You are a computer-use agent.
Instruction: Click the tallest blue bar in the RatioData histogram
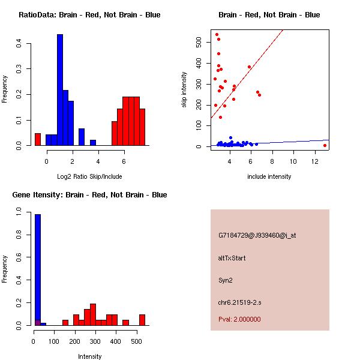click(x=60, y=90)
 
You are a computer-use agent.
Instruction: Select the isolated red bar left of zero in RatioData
click(x=38, y=139)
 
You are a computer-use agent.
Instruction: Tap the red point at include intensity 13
click(x=325, y=145)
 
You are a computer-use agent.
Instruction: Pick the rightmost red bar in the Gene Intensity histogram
click(x=142, y=319)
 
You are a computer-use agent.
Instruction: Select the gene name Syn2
click(x=225, y=280)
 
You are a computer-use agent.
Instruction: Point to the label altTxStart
click(x=232, y=258)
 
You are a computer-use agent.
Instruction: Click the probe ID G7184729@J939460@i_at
click(x=257, y=235)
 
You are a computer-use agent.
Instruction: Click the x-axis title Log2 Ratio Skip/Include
click(x=90, y=176)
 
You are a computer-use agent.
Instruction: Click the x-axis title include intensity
click(x=269, y=176)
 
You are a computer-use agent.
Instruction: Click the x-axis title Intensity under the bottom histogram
click(x=90, y=356)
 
